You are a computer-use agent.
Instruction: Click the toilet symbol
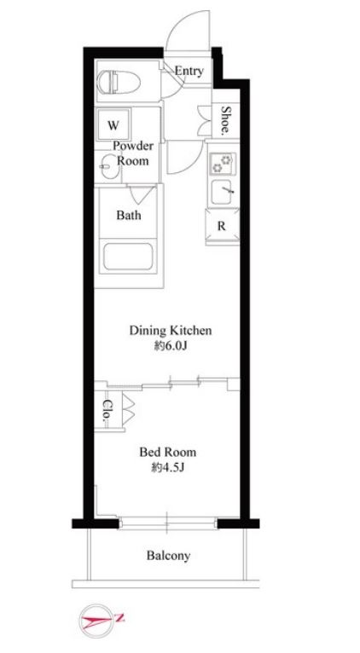point(119,82)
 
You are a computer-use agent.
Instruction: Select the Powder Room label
point(133,153)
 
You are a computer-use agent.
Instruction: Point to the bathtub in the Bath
point(128,256)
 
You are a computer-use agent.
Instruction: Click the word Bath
point(128,216)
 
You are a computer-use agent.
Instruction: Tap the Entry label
point(189,72)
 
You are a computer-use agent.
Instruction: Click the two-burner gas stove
point(223,164)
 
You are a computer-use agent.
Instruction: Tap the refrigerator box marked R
point(222,226)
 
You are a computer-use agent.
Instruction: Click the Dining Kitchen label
point(171,331)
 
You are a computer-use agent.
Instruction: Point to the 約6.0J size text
point(169,346)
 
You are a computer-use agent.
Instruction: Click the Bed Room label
point(168,452)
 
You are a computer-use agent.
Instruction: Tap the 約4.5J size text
point(168,468)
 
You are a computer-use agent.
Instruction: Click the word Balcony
point(168,555)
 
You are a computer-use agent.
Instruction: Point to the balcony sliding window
point(167,523)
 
